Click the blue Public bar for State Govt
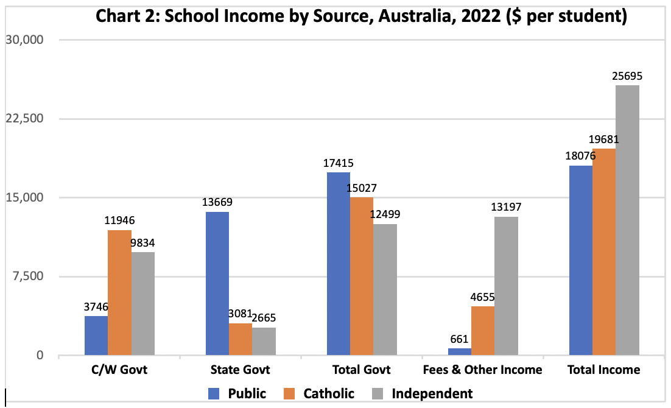coord(217,283)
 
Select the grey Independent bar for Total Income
coord(627,220)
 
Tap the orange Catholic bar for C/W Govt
coord(120,292)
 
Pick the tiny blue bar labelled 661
coord(460,351)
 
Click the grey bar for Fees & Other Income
coord(506,286)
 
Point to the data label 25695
coord(627,77)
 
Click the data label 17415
coord(338,163)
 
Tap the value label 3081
coord(241,315)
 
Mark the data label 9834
coord(143,243)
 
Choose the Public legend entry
coord(237,393)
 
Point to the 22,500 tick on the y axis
coord(25,118)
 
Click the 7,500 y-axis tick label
coord(28,276)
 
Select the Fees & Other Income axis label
coord(482,370)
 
